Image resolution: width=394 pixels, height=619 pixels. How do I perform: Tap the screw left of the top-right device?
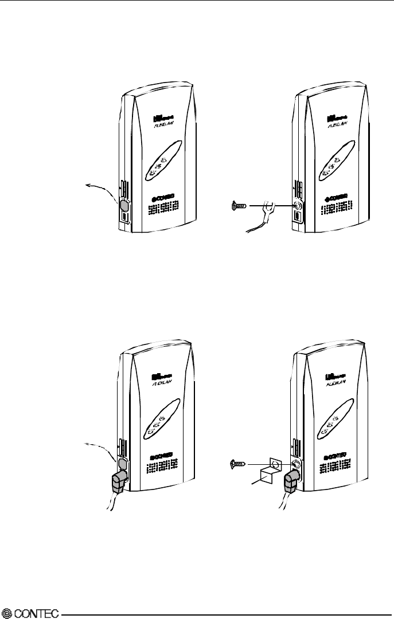click(x=239, y=205)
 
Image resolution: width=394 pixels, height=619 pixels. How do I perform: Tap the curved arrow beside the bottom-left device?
click(x=103, y=447)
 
